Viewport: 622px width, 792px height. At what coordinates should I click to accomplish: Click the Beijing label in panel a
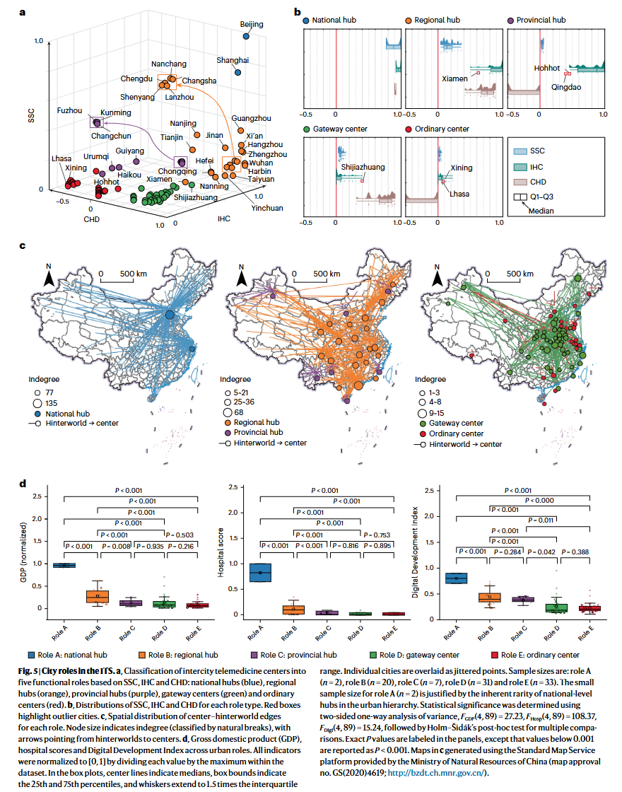tap(252, 24)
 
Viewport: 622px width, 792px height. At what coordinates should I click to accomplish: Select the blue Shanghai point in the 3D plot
tap(237, 73)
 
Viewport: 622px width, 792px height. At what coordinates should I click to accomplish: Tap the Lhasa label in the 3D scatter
tap(61, 158)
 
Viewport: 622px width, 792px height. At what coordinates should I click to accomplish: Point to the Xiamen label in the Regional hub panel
tap(454, 78)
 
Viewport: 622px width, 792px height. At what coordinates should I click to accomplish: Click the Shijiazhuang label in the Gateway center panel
tap(363, 167)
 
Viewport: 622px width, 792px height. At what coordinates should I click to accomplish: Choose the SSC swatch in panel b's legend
tap(520, 151)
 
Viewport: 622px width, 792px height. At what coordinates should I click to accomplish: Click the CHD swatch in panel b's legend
tap(520, 182)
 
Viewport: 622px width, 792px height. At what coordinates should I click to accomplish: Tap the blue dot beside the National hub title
tap(305, 21)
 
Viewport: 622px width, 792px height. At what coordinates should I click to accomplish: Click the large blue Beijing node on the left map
tap(170, 315)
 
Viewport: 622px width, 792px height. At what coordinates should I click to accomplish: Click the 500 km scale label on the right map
tap(520, 274)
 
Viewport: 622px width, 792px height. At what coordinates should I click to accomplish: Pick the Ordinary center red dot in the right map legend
tap(423, 434)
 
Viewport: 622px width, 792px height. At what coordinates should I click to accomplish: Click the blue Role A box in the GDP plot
tap(64, 565)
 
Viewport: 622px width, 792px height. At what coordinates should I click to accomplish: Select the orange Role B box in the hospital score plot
tap(293, 610)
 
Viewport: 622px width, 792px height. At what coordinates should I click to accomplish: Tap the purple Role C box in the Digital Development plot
tap(523, 599)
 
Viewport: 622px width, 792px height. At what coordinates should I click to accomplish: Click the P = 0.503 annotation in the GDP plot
tap(180, 535)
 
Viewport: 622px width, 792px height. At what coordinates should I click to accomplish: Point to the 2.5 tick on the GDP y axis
tap(37, 496)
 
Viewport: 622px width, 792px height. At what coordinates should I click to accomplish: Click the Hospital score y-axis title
tap(221, 552)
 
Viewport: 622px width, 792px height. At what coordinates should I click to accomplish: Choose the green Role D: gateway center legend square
tap(373, 655)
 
